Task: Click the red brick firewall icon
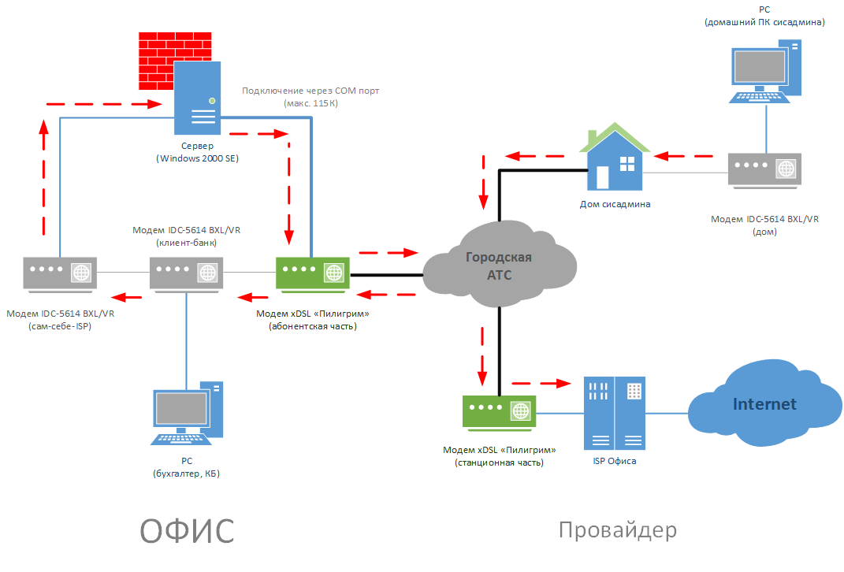coord(175,61)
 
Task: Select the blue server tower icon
coord(198,98)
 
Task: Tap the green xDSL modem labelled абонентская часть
coord(313,274)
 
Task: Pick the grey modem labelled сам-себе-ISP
coord(60,274)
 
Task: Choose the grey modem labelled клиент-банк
coord(186,274)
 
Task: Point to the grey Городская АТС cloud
coord(500,264)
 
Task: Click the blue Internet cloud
coord(765,403)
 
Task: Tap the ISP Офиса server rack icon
coord(615,414)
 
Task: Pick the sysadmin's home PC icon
coord(765,71)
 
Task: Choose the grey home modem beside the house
coord(765,171)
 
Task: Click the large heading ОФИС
coord(187,531)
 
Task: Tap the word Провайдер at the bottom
coord(617,530)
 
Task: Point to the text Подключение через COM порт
coord(310,91)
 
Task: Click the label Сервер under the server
coord(198,146)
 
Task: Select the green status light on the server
coord(212,101)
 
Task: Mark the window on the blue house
coord(627,164)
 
